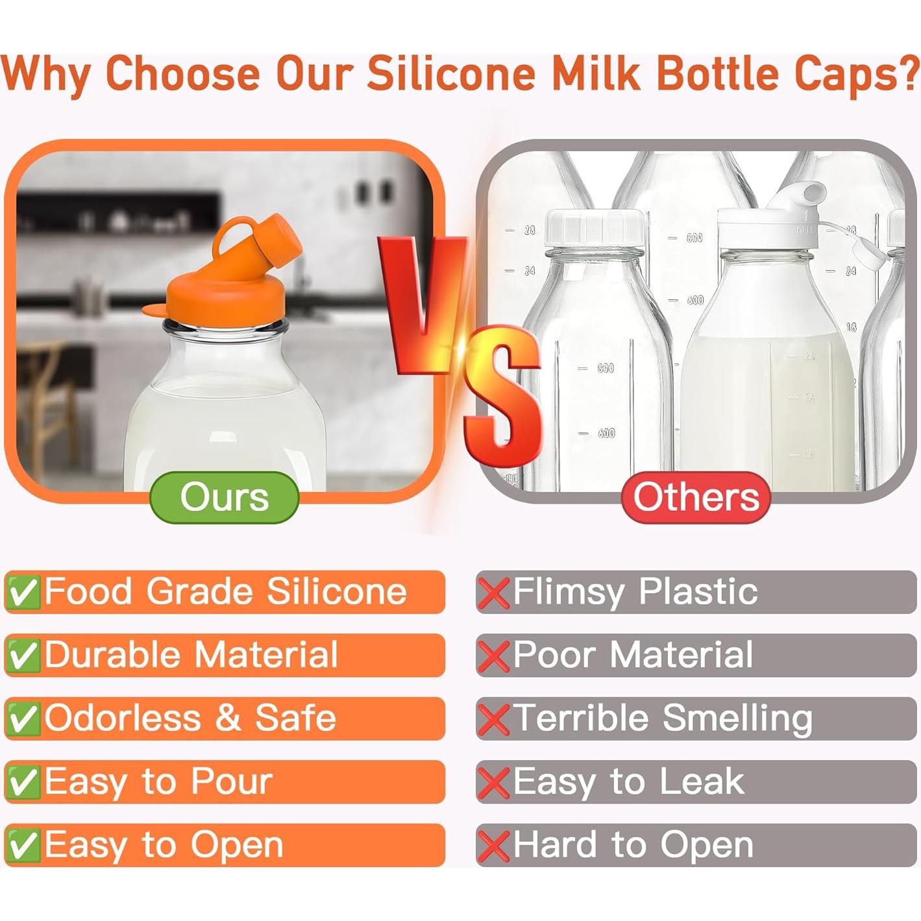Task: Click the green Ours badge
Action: pos(224,497)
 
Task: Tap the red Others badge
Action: pos(696,497)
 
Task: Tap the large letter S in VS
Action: pos(503,396)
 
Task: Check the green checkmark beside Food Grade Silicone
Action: pos(23,592)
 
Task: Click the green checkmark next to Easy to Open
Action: pos(23,845)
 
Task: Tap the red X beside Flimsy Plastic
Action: pos(493,593)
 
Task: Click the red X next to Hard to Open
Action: pos(493,846)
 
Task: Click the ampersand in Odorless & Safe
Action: pos(228,718)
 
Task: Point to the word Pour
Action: pos(231,781)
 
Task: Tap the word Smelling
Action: pos(737,718)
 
